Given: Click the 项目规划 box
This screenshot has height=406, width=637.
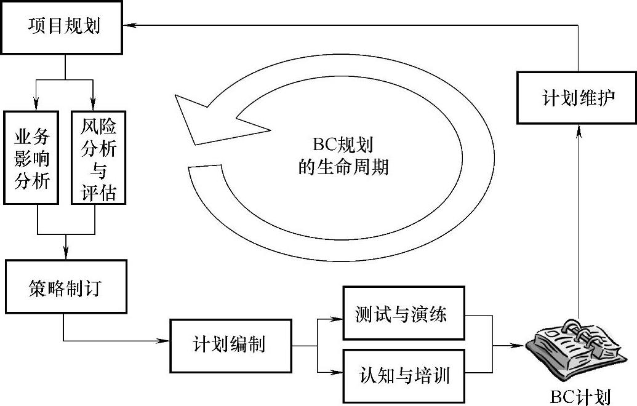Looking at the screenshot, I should tap(64, 28).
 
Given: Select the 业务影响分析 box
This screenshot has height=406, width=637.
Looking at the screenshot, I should tap(31, 157).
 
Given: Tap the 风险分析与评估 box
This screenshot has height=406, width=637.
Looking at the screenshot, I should tap(98, 157).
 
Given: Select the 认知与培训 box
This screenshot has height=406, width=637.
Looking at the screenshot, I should tap(403, 374).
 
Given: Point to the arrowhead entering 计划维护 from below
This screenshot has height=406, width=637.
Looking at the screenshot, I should tap(578, 127).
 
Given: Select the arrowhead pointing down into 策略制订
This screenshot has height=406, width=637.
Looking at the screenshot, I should tap(65, 252).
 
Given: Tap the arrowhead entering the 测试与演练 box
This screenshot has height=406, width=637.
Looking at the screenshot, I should tap(337, 319).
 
